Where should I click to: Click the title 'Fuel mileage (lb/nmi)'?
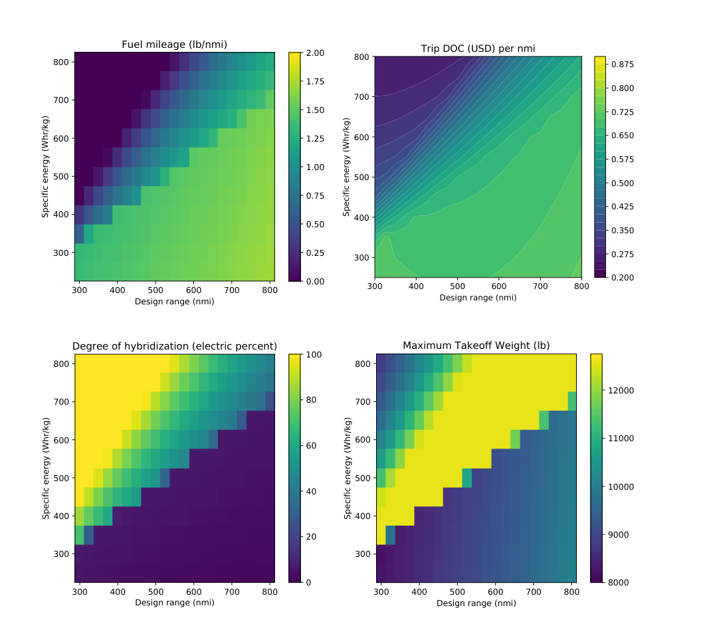pos(174,45)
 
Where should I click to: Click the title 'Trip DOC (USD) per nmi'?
pos(478,49)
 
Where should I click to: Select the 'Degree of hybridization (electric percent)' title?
pos(174,346)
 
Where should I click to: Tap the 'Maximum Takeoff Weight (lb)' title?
pos(476,346)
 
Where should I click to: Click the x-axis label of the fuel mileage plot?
pos(174,302)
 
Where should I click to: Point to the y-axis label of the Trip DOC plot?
pos(346,166)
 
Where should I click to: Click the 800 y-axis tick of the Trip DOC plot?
pos(362,56)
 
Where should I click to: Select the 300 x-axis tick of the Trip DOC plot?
pos(375,286)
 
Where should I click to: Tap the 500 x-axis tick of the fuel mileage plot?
pos(155,290)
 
